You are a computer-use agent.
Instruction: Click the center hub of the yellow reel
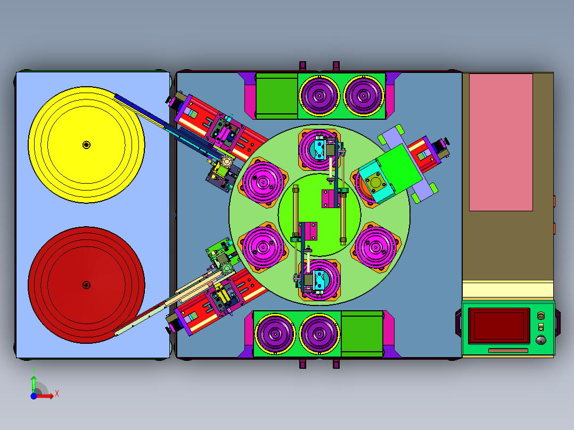coord(86,145)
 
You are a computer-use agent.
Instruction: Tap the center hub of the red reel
coord(86,285)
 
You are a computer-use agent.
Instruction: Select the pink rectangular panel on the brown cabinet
coord(501,142)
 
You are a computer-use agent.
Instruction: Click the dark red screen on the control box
coord(499,326)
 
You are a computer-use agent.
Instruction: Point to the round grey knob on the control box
coord(540,340)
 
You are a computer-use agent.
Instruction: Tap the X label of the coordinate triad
coord(57,394)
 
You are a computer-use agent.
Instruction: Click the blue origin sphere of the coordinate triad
coord(34,396)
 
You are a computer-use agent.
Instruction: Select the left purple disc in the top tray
coord(319,96)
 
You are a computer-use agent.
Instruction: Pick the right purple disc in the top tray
coord(364,96)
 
